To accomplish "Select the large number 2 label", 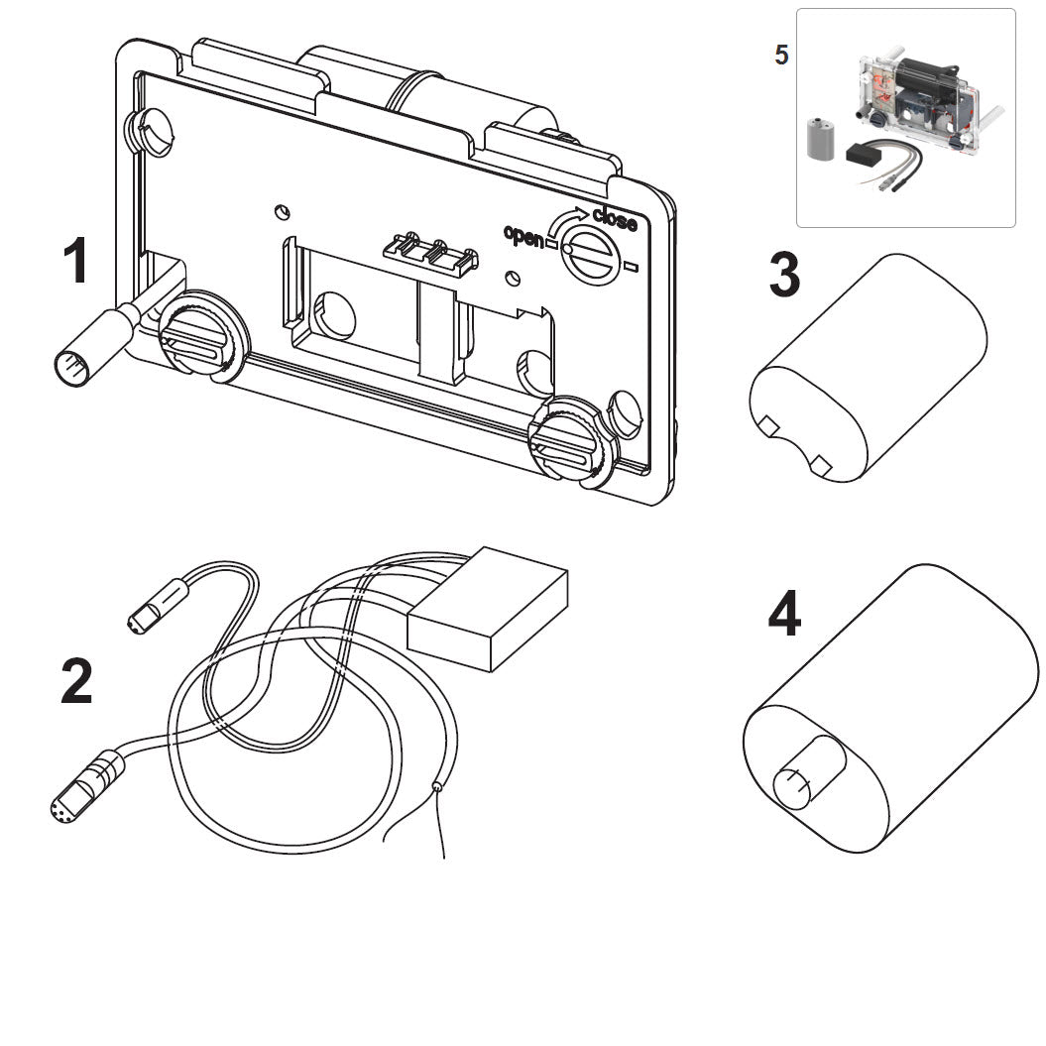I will [x=76, y=682].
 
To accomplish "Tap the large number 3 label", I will [x=784, y=275].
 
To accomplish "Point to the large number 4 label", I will [x=783, y=616].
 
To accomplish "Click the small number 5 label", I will [x=781, y=56].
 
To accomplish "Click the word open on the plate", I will [x=523, y=237].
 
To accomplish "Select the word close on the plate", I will [x=614, y=219].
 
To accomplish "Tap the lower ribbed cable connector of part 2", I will [x=84, y=786].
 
